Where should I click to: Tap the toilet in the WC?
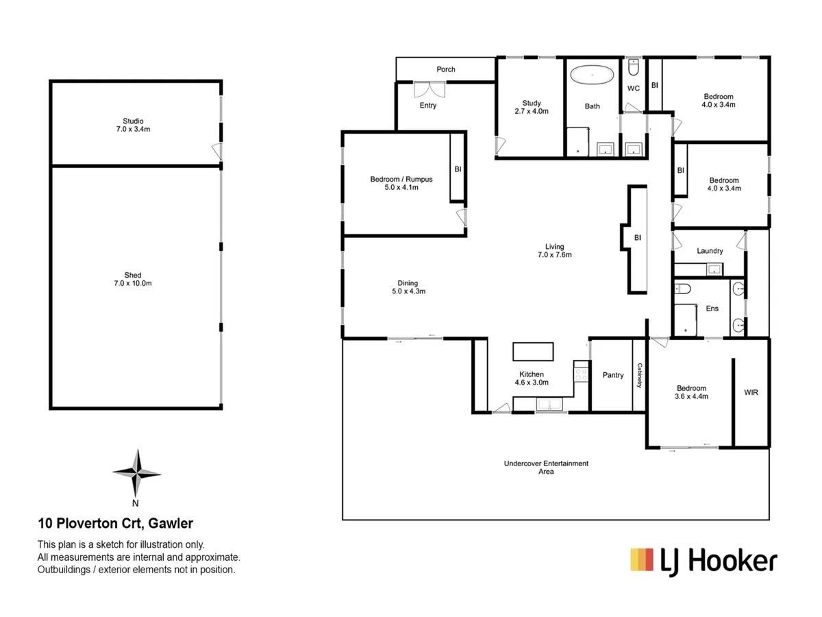point(634,68)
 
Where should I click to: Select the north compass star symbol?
point(136,472)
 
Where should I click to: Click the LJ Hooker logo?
point(703,561)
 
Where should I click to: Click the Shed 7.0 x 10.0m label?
point(134,279)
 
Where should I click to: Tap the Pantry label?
point(613,375)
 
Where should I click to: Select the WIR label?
point(751,393)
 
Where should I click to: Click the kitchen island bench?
point(533,351)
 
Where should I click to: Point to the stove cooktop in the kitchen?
point(581,374)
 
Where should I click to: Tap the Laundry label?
point(710,251)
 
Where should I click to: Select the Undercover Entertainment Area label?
point(546,468)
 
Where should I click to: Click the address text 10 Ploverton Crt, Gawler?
point(115,524)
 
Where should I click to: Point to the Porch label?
point(446,69)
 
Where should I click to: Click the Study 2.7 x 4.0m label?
point(531,106)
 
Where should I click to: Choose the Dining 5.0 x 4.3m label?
point(408,287)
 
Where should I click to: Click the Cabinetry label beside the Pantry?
point(639,376)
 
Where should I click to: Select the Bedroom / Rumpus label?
point(401,183)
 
